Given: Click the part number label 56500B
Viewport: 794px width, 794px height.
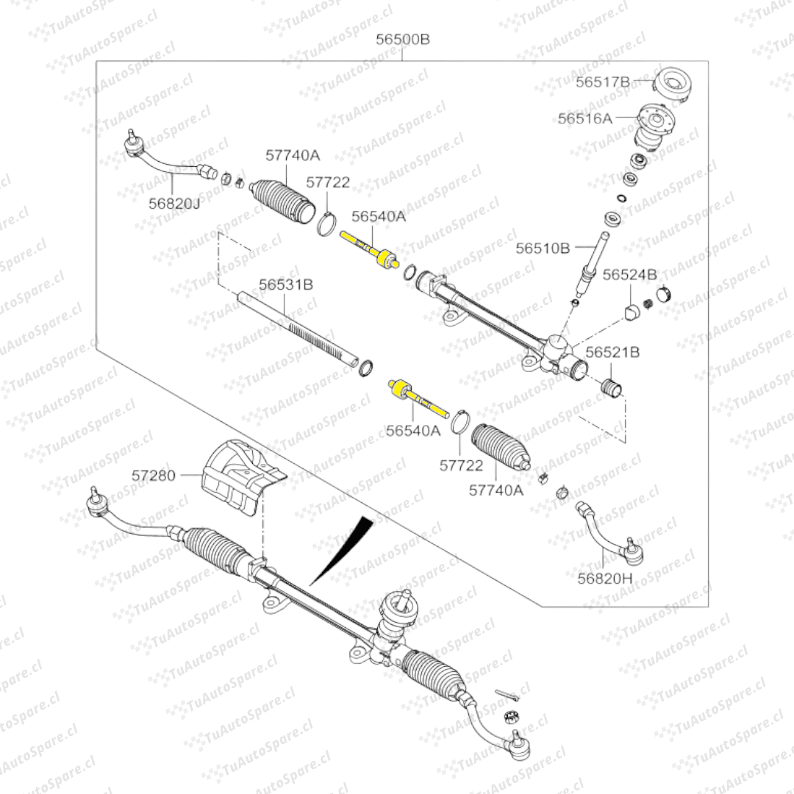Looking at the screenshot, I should coord(403,40).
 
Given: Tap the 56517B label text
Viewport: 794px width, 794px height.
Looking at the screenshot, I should coord(603,82).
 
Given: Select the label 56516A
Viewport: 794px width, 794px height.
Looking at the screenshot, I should coord(584,118).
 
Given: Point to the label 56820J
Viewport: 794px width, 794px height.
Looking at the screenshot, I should coord(174,204).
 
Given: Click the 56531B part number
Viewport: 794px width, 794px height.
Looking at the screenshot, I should coord(286,283).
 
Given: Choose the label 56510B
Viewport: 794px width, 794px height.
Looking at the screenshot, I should coord(543,248).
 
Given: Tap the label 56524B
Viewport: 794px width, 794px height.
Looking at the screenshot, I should coord(630,275).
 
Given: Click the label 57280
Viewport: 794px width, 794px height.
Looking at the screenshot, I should coord(154,475).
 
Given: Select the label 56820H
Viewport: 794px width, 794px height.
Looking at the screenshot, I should coord(604,578).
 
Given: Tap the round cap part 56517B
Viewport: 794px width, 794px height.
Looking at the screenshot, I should coord(673,84).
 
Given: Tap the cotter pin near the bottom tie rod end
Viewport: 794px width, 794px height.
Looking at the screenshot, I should coord(509,694).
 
